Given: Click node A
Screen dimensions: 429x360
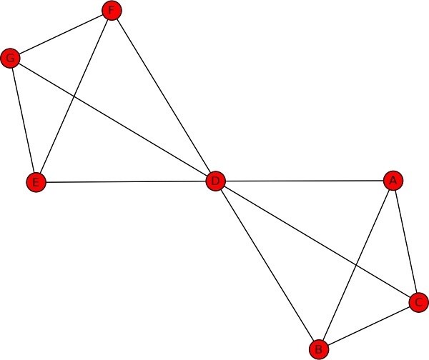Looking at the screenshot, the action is tap(393, 181).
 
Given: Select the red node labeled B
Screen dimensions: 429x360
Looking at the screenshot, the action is tap(319, 349).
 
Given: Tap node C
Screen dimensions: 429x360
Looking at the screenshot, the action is tap(419, 302).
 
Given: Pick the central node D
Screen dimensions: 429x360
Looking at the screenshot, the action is tap(216, 181).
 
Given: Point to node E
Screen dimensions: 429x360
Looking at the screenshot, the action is tap(36, 182).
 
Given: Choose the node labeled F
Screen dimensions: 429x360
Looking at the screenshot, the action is tap(112, 11).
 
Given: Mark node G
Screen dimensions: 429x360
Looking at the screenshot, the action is tap(11, 59).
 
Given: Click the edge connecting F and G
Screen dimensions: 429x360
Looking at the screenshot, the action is tap(61, 34).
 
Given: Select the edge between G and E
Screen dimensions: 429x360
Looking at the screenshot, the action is tap(24, 120).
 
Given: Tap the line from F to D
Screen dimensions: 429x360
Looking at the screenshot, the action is tap(164, 96).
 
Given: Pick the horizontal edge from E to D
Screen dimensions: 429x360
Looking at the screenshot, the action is tap(126, 181).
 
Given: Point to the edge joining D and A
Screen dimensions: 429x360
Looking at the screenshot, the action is tap(305, 181).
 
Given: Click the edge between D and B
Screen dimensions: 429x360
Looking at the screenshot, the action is tap(267, 266).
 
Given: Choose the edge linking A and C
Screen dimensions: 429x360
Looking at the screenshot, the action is tap(406, 241).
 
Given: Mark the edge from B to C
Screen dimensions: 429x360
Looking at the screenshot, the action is tap(369, 326).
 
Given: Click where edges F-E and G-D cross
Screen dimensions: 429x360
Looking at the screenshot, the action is tap(74, 96).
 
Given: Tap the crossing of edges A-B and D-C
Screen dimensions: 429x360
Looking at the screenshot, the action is tap(355, 265).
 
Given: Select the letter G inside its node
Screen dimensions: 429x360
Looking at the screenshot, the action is tap(11, 59).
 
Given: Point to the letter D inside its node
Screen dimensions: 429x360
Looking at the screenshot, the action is tap(216, 181).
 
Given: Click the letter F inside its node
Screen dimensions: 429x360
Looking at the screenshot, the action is tap(112, 11).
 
